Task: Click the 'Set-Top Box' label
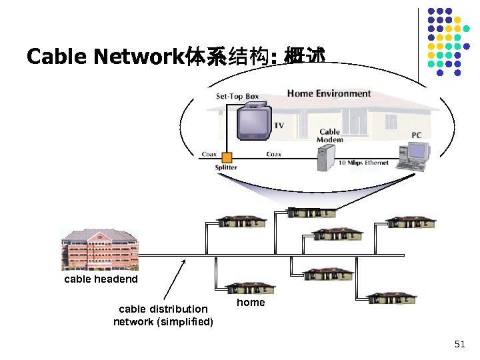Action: click(237, 97)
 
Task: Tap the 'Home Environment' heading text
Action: click(329, 93)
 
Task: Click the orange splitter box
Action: click(227, 157)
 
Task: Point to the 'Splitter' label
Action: click(226, 168)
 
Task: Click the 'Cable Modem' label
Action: click(330, 136)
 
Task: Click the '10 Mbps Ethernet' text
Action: click(363, 163)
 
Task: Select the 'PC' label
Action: click(416, 135)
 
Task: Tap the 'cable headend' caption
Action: click(101, 279)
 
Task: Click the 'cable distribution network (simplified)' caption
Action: click(163, 315)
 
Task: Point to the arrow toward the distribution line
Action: click(174, 280)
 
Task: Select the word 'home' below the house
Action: click(251, 303)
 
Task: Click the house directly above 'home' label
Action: click(250, 288)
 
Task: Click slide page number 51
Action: click(459, 344)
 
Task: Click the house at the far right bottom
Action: click(392, 298)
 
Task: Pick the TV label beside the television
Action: click(279, 125)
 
